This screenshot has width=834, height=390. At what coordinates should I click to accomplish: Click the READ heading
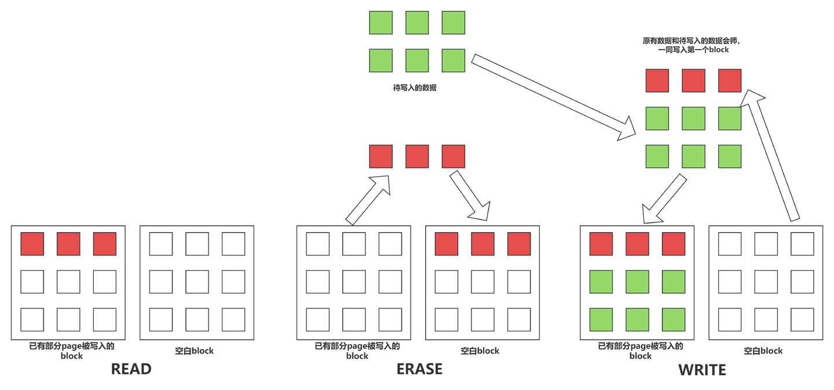coord(131,369)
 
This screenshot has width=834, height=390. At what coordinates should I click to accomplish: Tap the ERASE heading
coord(419,369)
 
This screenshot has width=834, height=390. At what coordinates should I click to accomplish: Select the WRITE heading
coord(702,370)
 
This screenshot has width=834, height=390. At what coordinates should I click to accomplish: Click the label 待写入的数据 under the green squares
coord(415,88)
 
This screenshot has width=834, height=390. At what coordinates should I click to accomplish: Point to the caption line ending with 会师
coord(692,41)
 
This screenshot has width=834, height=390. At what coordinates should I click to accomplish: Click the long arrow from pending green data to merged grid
coord(553,97)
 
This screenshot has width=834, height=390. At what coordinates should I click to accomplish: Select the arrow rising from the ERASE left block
coord(368,200)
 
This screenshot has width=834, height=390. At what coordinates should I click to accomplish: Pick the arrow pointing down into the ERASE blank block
coord(470,196)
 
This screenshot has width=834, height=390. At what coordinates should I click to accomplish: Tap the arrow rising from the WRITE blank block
coord(770,155)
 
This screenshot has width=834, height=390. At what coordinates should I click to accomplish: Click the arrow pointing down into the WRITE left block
coord(664,199)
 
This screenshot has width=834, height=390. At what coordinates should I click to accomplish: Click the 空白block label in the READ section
coord(195,351)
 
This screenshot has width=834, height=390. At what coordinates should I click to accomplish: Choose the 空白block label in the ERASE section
coord(480,351)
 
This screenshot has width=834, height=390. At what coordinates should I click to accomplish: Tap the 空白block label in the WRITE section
coord(763,351)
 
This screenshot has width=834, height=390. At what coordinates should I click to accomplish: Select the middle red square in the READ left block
coord(68,244)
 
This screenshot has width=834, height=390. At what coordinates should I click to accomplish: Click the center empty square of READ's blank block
coord(197,282)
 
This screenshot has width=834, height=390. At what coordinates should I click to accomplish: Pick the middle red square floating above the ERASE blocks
coord(417,156)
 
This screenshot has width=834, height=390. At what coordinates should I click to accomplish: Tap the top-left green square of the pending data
coord(381,23)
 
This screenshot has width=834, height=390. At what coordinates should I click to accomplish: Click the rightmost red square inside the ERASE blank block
coord(519,244)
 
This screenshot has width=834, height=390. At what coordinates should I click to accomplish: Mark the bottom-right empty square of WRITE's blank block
coord(802,320)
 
